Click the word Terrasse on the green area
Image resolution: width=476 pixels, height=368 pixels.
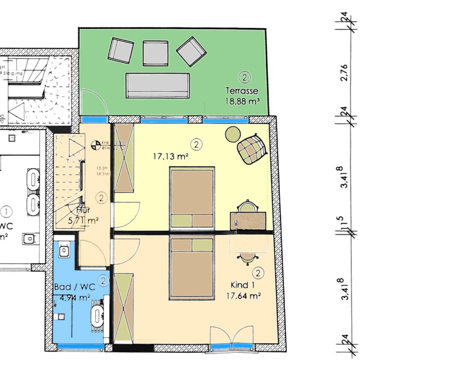(241, 91)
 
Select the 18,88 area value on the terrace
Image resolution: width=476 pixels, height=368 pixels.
(241, 101)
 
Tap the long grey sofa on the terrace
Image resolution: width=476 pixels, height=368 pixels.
(157, 85)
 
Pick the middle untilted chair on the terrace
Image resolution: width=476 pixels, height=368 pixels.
(156, 53)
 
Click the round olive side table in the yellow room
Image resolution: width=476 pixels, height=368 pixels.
(233, 133)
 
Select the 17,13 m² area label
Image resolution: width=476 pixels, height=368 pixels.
(171, 157)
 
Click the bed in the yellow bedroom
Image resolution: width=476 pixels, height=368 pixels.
(192, 198)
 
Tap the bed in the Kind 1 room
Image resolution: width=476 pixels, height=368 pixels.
(192, 267)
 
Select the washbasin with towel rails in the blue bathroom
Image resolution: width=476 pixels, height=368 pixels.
(96, 315)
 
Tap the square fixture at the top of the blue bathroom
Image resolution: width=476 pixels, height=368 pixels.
(64, 251)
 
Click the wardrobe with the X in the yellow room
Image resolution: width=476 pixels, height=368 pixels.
(123, 158)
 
